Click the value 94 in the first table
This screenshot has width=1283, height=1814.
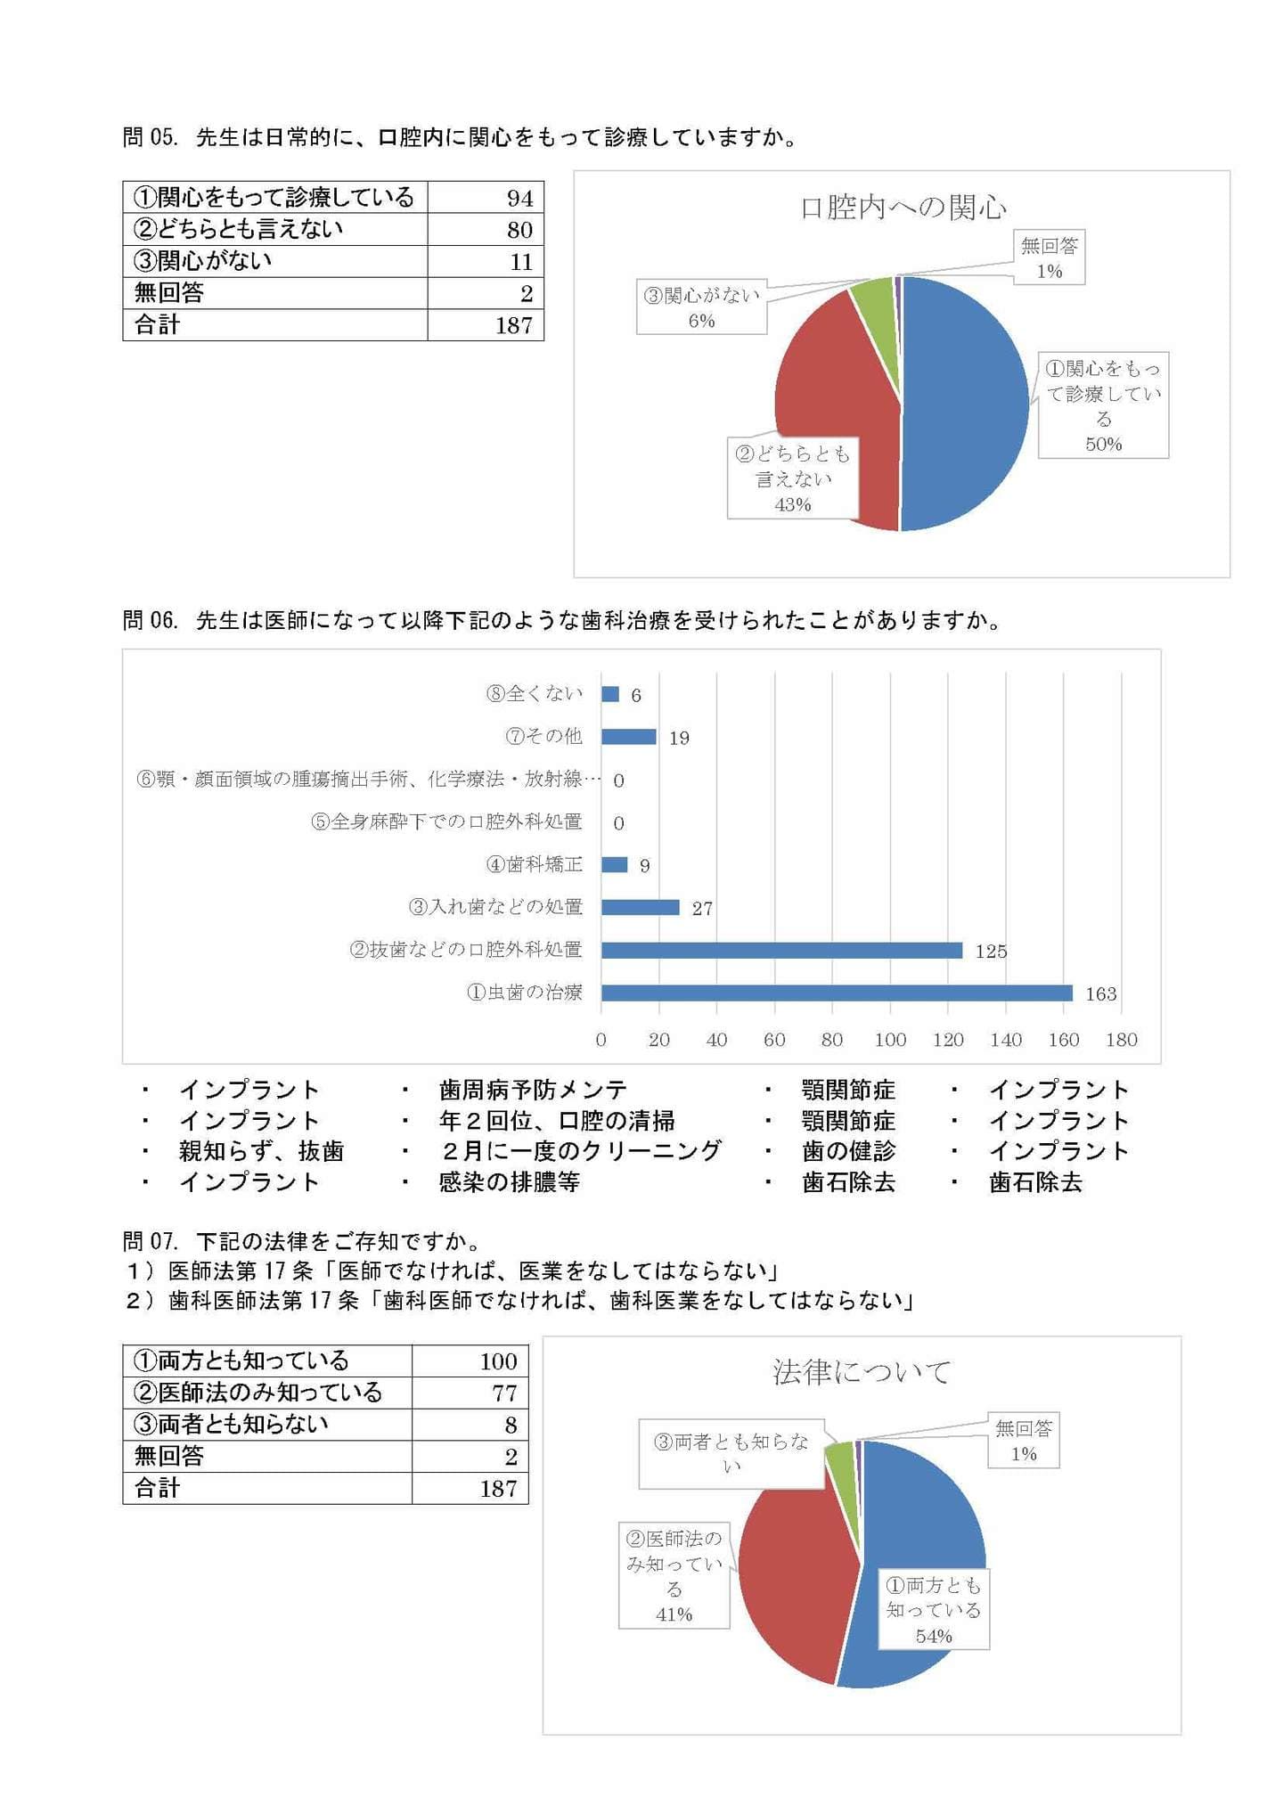(519, 198)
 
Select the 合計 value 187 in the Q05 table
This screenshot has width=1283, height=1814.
(514, 325)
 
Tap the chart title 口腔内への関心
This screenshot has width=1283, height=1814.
(903, 208)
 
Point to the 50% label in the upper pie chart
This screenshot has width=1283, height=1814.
(1103, 444)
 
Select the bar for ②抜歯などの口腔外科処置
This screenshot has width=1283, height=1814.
(781, 950)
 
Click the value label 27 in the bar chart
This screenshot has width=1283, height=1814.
(702, 909)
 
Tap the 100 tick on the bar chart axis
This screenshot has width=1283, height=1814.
(890, 1040)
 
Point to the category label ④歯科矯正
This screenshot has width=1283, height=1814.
(534, 864)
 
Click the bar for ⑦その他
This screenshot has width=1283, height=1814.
(628, 737)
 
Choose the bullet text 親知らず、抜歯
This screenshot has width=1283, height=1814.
(261, 1151)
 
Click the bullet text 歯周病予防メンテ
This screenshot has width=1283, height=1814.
(533, 1090)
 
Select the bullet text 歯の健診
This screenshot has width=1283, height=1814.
(848, 1151)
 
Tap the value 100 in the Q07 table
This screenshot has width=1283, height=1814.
(498, 1360)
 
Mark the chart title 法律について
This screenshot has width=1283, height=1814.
(861, 1372)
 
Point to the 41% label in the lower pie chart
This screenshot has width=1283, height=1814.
(674, 1614)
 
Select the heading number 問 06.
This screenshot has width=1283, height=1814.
(151, 620)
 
